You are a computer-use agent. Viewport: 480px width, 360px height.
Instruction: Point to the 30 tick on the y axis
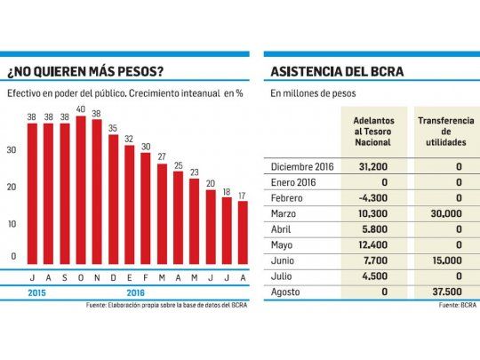coord(12,150)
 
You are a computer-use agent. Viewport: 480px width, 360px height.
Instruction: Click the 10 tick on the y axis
coord(12,223)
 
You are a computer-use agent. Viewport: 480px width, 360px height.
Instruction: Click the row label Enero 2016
coord(293,182)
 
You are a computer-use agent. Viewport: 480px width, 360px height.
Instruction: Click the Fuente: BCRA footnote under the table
coord(455,306)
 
